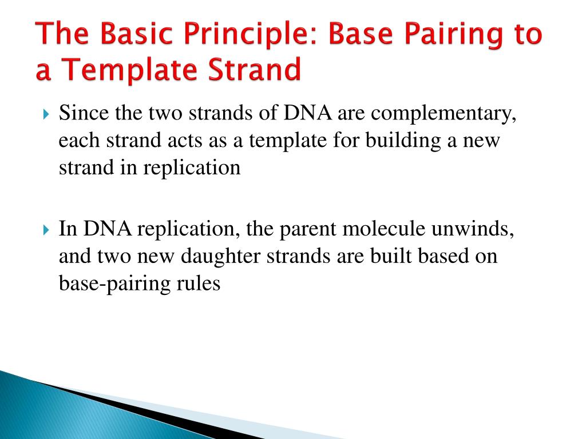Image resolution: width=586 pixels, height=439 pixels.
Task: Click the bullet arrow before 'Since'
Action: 46,114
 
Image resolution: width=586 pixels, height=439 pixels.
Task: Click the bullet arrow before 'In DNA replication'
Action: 46,230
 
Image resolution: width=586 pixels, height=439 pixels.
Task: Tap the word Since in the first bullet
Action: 84,113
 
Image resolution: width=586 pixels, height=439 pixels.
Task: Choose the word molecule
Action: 383,228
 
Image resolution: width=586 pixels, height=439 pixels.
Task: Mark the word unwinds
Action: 473,228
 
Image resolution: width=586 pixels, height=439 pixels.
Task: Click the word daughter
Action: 220,257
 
